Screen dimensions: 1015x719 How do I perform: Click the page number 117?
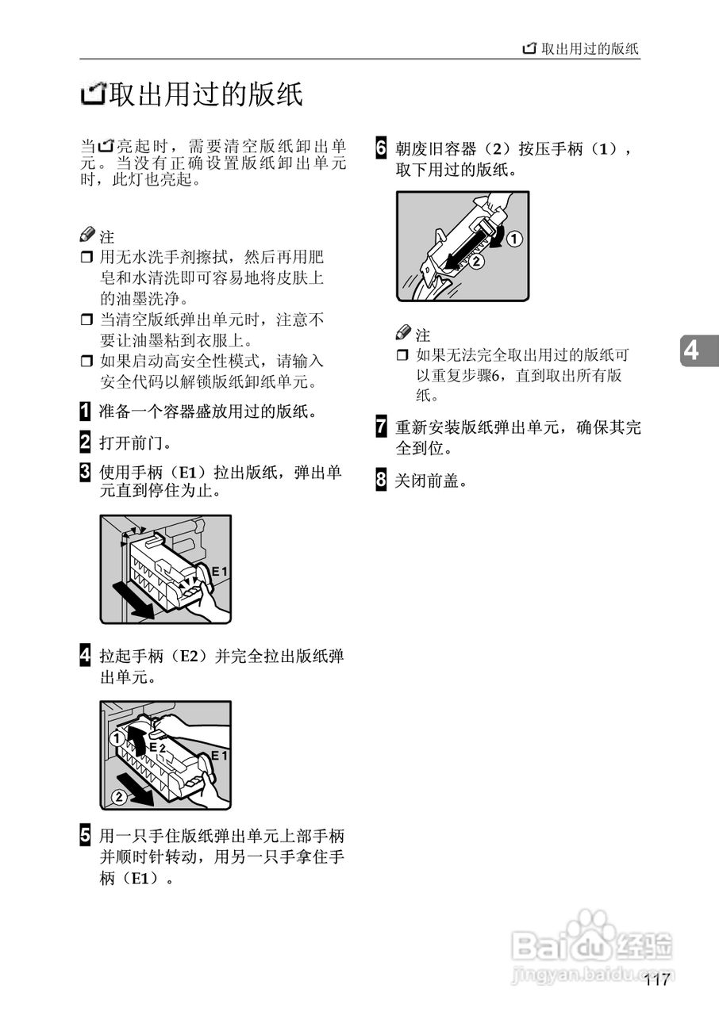click(x=657, y=980)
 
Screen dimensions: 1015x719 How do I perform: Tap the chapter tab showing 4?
click(x=693, y=350)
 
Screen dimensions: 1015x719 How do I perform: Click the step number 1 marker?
click(x=85, y=412)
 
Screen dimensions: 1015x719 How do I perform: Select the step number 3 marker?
click(x=85, y=473)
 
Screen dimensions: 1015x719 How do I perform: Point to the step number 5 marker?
click(x=85, y=837)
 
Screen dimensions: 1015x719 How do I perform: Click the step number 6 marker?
click(x=381, y=148)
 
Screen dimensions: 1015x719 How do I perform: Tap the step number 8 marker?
click(x=381, y=480)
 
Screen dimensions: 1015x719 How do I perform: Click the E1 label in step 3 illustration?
click(x=219, y=571)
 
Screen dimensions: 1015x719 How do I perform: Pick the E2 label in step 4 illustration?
click(x=157, y=747)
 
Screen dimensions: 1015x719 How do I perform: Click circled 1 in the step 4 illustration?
click(x=115, y=737)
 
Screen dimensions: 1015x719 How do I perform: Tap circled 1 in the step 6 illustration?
click(x=514, y=238)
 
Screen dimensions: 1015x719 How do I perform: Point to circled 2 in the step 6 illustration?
click(x=476, y=260)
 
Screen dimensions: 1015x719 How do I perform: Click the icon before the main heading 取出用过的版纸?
click(x=93, y=96)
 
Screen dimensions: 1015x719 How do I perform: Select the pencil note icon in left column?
click(x=88, y=236)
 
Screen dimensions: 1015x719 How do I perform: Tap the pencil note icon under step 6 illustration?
click(x=404, y=334)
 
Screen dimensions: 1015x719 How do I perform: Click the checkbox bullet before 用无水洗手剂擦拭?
click(x=87, y=258)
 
